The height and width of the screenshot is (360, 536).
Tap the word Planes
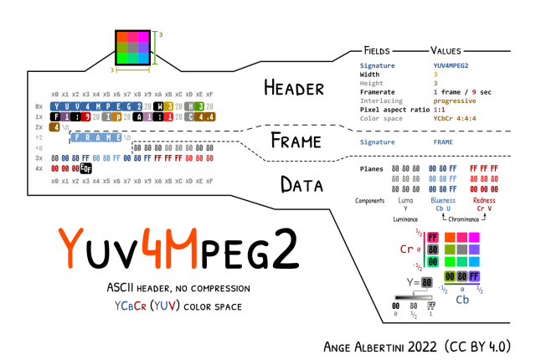coord(371,168)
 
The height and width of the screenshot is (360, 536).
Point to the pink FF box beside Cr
coord(433,237)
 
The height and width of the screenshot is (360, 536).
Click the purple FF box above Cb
coord(475,275)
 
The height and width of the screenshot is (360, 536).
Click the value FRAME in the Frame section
coord(443,142)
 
